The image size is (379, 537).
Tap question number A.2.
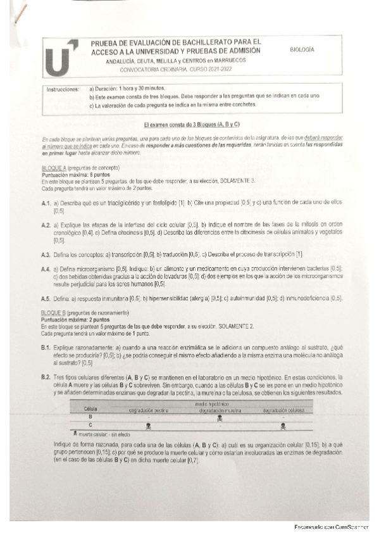45,225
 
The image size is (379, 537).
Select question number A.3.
45,255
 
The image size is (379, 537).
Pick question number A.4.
45,269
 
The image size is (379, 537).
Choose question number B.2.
45,377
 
